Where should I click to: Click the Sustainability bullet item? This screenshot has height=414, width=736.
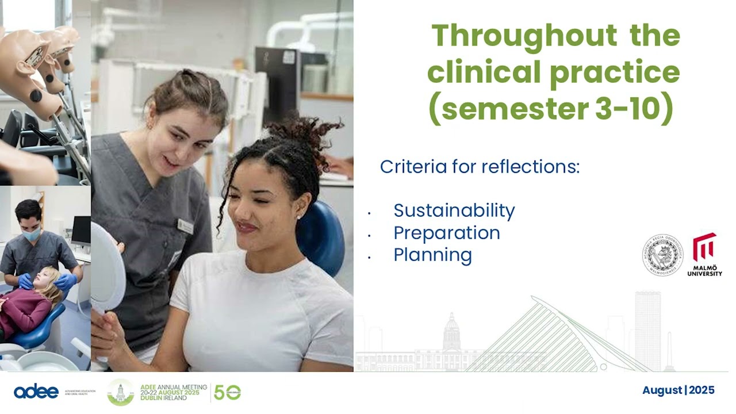(454, 210)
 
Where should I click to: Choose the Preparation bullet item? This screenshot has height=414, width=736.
(446, 233)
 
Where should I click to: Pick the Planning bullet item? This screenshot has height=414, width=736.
(432, 255)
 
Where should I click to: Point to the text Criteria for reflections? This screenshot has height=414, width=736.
(480, 167)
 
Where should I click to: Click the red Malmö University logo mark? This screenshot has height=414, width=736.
(704, 247)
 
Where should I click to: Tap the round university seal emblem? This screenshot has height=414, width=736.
(662, 255)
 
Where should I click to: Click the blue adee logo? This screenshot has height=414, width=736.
(36, 392)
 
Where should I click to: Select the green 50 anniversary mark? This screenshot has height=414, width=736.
(227, 392)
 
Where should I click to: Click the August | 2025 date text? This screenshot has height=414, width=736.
(678, 390)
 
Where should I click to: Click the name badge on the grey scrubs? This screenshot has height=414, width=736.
(185, 226)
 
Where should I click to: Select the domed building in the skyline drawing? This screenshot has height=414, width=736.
(451, 333)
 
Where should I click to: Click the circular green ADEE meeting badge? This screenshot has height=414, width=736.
(120, 392)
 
